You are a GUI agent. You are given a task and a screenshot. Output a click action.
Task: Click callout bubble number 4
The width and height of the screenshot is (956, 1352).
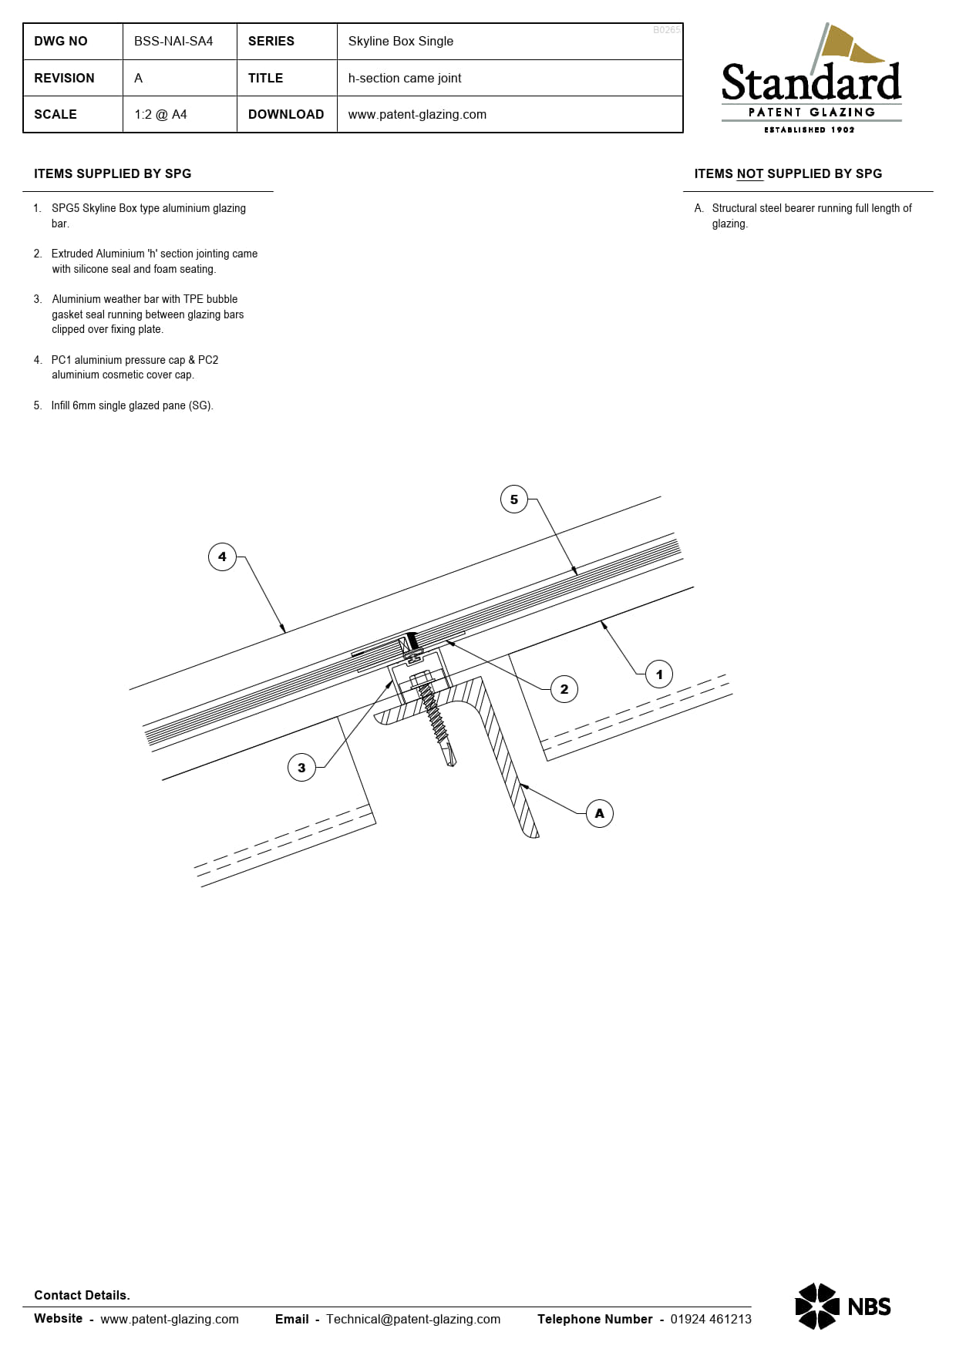click(222, 557)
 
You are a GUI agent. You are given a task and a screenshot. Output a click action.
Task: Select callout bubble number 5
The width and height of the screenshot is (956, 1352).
click(514, 499)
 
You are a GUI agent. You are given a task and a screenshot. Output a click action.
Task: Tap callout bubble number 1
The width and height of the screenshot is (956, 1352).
click(659, 674)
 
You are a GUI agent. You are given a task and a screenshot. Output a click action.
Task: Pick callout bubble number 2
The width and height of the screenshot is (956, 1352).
click(564, 689)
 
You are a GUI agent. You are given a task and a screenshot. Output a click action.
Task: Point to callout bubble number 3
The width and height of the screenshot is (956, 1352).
click(301, 768)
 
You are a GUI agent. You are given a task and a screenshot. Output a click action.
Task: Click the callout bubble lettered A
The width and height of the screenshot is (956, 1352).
click(600, 813)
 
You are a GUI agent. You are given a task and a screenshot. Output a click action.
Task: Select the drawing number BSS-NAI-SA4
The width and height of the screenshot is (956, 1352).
click(173, 42)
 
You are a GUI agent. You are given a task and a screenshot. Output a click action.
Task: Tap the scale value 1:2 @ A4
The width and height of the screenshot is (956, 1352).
click(160, 114)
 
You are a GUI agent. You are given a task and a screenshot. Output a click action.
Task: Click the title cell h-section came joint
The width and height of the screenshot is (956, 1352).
click(405, 78)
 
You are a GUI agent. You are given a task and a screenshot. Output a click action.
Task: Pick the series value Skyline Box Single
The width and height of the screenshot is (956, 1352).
click(401, 42)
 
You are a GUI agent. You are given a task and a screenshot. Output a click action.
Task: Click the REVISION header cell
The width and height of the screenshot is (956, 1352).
click(65, 78)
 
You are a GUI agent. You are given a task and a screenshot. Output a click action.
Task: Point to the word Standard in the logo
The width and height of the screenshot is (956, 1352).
click(811, 83)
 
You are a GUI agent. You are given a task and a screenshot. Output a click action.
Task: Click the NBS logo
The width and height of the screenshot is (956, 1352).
click(843, 1306)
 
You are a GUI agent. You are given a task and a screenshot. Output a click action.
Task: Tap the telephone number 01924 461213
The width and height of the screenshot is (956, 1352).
click(711, 1319)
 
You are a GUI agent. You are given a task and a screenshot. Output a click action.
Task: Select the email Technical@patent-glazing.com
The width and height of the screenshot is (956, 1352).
click(413, 1319)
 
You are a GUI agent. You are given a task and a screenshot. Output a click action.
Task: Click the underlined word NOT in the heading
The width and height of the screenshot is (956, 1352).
click(749, 174)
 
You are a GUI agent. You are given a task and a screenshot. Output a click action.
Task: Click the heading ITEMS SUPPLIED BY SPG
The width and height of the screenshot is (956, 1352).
click(113, 174)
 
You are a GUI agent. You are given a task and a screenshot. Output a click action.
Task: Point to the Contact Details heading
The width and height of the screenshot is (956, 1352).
click(82, 1295)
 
